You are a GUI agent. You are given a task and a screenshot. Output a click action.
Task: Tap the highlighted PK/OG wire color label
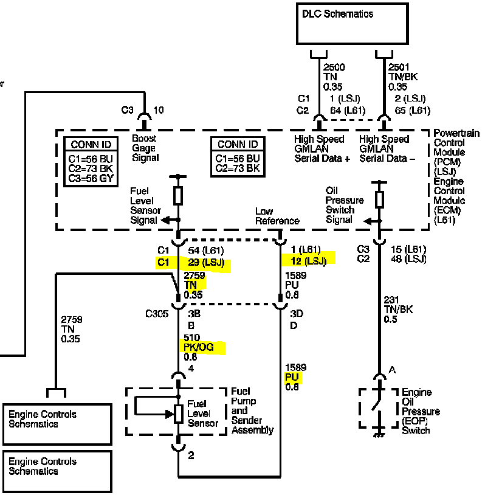tap(199, 347)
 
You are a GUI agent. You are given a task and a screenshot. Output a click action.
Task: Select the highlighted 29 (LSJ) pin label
tap(206, 263)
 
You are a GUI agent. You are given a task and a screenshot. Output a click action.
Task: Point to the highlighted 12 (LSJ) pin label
tap(309, 261)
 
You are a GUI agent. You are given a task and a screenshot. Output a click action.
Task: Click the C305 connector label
tap(157, 314)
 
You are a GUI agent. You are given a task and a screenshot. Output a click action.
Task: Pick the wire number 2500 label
tap(334, 67)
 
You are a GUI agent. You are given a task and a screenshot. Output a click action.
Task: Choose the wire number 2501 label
tap(399, 67)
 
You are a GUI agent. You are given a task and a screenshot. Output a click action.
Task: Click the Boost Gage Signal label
tap(145, 148)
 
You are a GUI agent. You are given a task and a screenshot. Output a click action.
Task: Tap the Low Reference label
tap(277, 216)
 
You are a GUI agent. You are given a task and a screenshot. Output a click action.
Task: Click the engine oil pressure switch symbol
tap(379, 408)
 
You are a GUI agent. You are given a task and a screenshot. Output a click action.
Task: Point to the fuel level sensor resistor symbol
tap(179, 414)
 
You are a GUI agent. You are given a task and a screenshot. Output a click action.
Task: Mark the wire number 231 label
tap(391, 300)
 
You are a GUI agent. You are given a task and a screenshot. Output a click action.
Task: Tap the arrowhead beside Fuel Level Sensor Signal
tap(165, 220)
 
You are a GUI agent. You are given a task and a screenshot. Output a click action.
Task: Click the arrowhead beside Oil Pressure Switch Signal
tap(368, 221)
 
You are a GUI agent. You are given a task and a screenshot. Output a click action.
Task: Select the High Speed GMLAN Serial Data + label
tap(322, 149)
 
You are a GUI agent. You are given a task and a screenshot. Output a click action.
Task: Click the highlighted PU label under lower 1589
tap(292, 377)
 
